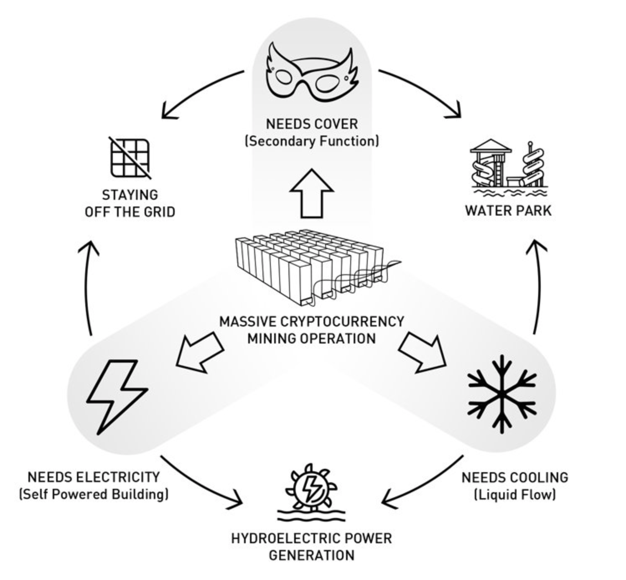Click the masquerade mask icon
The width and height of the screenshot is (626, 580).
tap(311, 73)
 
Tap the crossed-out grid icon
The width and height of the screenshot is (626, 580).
tap(130, 158)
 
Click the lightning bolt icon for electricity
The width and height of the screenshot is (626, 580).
tap(117, 395)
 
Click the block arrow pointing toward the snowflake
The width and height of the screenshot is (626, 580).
tap(422, 351)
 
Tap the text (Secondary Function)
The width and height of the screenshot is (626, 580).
tap(312, 141)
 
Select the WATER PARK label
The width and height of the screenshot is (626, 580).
tap(508, 210)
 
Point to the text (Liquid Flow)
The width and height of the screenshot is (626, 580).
tap(515, 495)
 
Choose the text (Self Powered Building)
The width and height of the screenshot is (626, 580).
tap(94, 494)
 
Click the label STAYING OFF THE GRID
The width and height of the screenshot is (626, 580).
tap(130, 204)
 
